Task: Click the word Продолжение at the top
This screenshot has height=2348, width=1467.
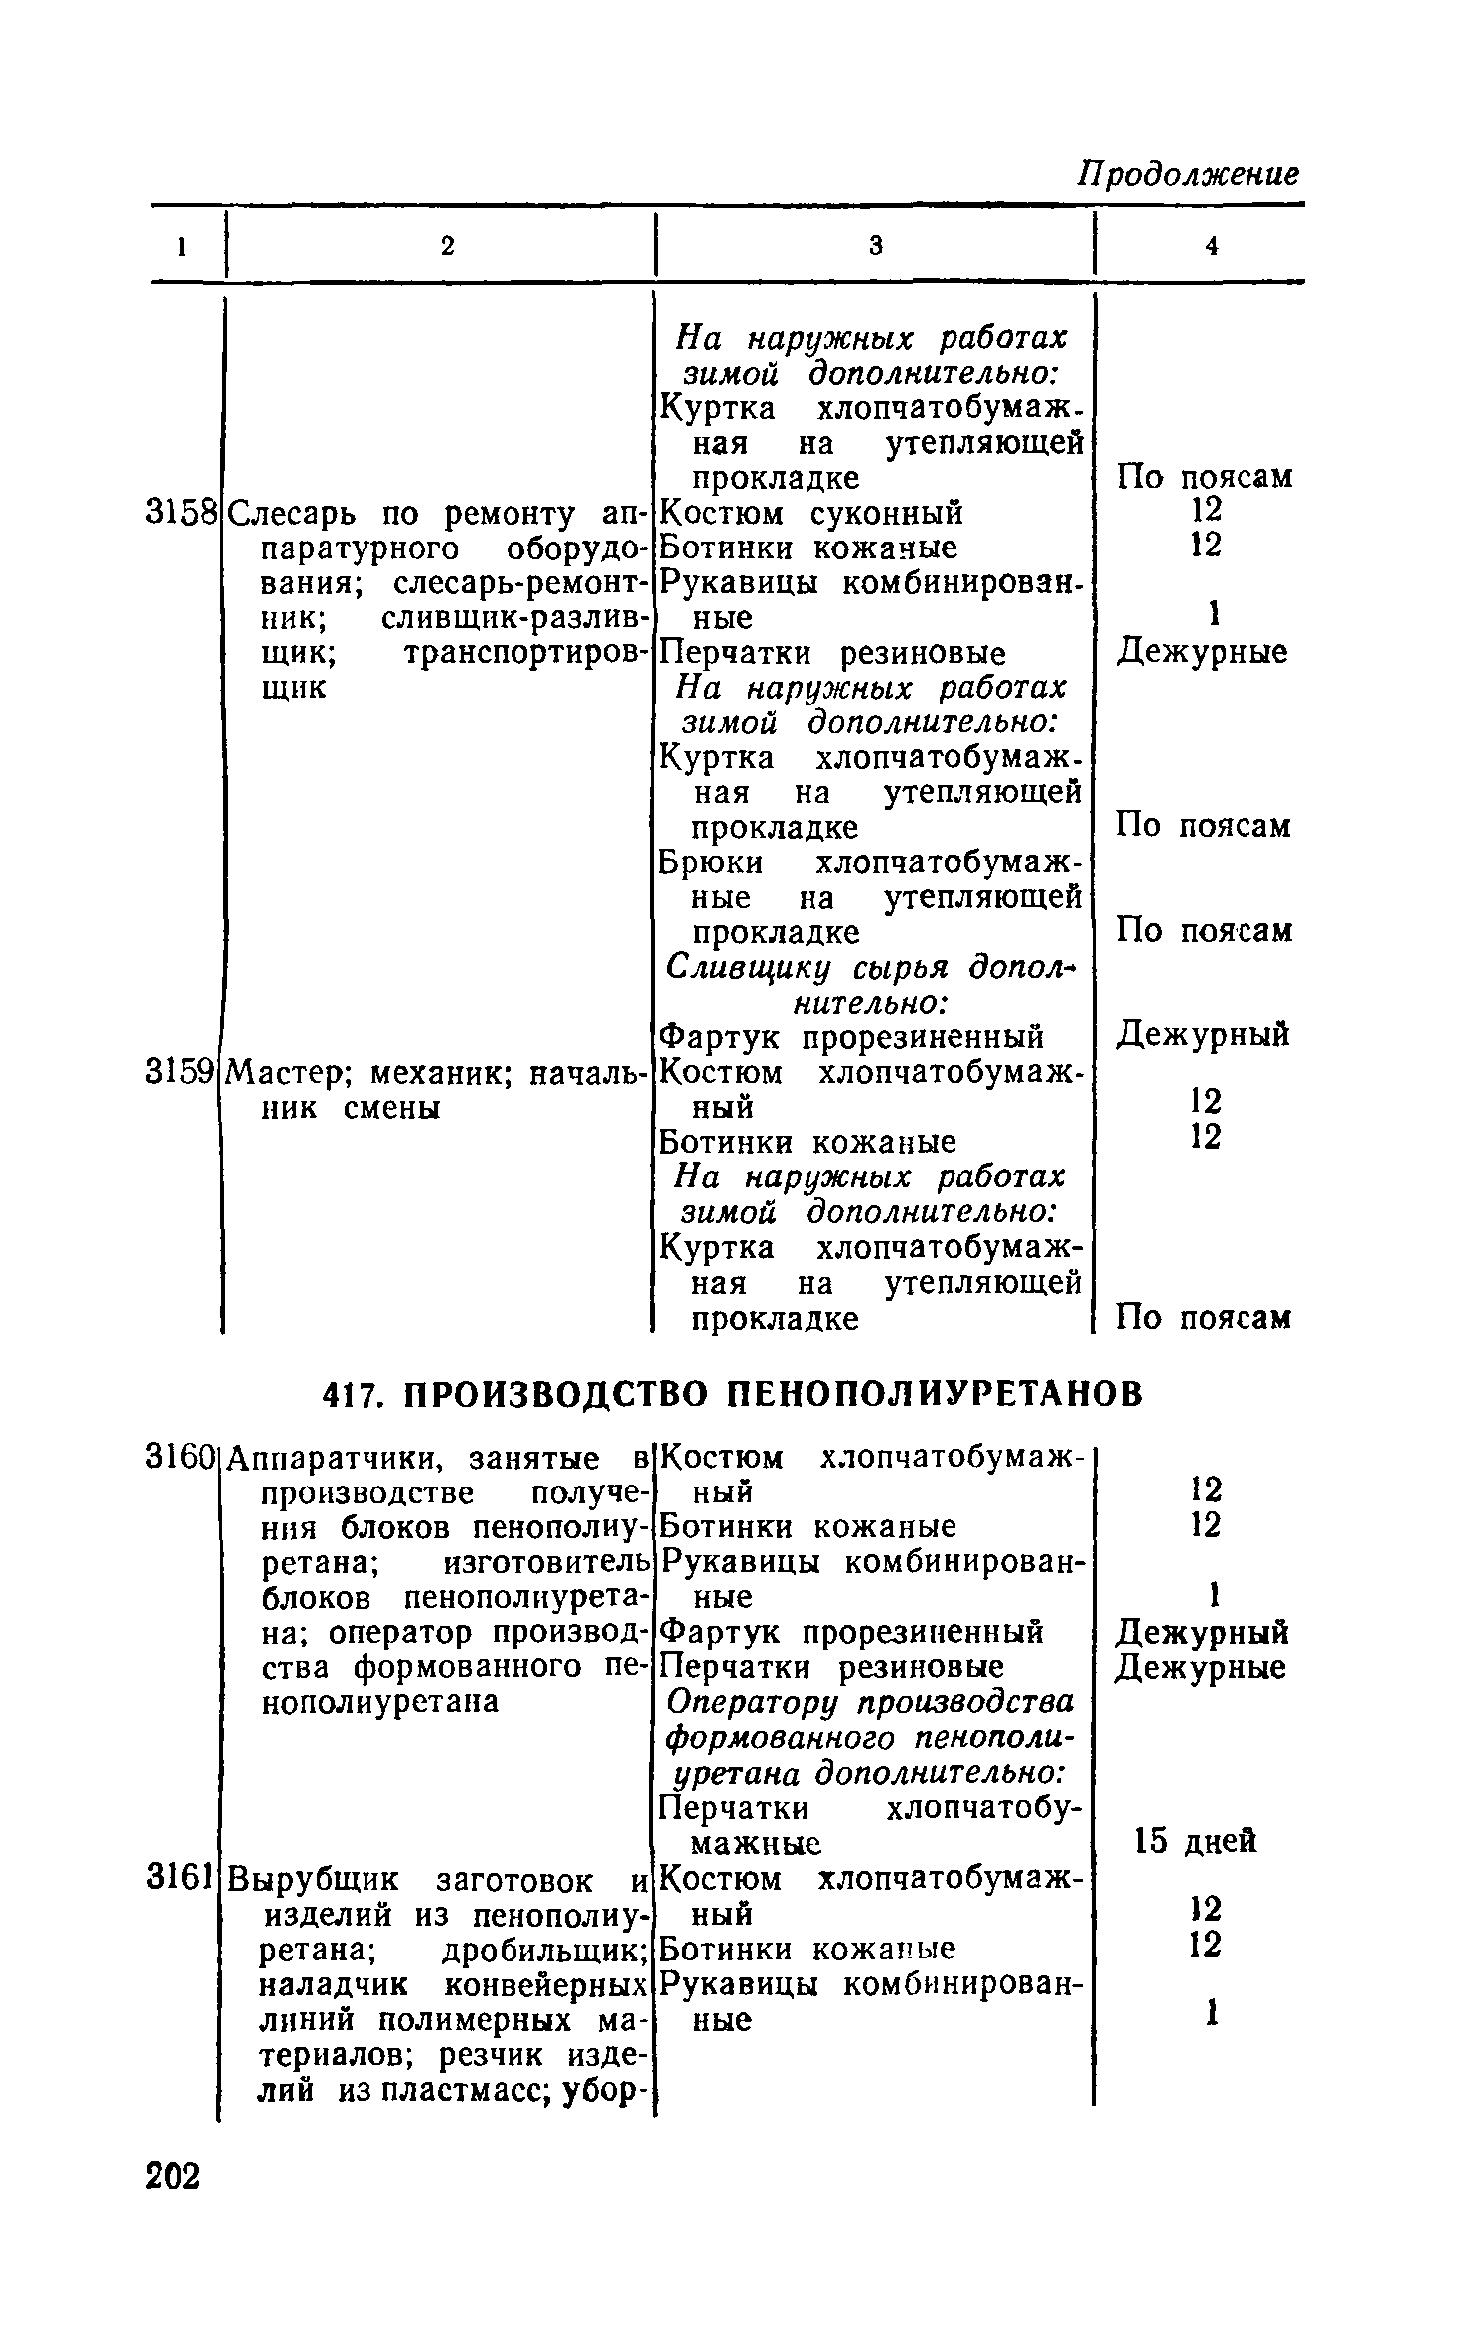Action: pyautogui.click(x=1189, y=174)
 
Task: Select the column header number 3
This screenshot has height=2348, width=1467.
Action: pyautogui.click(x=875, y=246)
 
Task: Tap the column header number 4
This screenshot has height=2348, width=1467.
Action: pyautogui.click(x=1211, y=246)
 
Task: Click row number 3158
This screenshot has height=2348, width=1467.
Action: pyautogui.click(x=181, y=513)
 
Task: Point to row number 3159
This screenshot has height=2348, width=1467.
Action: pyautogui.click(x=180, y=1072)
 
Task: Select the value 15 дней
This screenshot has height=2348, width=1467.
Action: pyautogui.click(x=1196, y=1841)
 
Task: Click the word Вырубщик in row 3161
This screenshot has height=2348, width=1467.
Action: pyautogui.click(x=314, y=1880)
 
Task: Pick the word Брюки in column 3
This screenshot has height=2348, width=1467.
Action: pyautogui.click(x=711, y=862)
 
